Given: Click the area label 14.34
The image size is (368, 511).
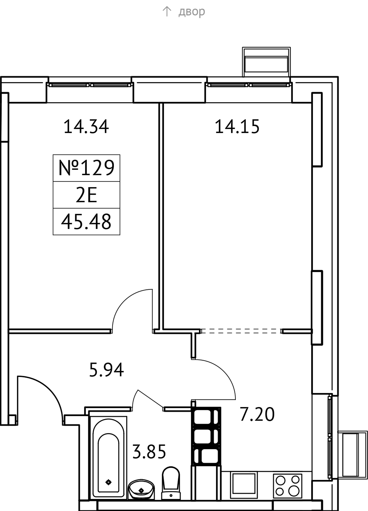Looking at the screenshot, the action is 86,127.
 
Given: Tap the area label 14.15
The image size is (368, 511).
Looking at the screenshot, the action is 237,127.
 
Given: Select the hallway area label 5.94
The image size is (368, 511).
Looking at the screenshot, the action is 106,370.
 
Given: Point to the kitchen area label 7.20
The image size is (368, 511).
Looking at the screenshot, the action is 257,414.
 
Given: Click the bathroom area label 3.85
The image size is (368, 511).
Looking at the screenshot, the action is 149,452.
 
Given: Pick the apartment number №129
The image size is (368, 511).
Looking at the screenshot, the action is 87,168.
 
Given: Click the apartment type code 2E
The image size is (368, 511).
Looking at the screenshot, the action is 86,195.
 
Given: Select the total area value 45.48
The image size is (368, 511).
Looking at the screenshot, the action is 86,222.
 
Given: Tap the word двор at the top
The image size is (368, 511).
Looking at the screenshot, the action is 192,12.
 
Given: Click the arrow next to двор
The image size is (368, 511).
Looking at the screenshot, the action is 167,12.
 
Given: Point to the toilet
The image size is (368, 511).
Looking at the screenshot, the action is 171,483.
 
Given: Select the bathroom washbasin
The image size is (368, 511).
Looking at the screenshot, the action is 141,489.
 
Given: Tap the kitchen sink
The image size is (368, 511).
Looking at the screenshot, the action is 243,485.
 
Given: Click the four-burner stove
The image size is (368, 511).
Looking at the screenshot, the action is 288,486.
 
